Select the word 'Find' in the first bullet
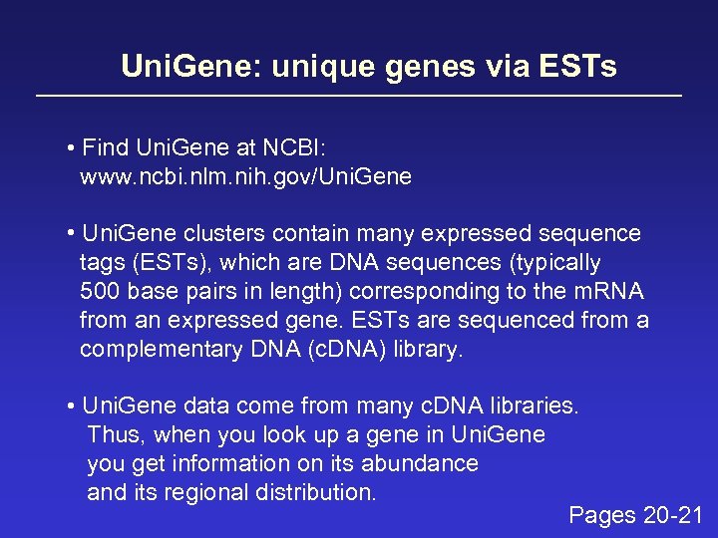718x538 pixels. [106, 148]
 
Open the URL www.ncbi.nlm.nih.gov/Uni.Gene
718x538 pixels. [245, 177]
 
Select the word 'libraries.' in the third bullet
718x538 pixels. [535, 406]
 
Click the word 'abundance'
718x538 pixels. [426, 464]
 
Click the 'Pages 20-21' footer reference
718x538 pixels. [635, 516]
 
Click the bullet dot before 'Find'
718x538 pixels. [73, 149]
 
